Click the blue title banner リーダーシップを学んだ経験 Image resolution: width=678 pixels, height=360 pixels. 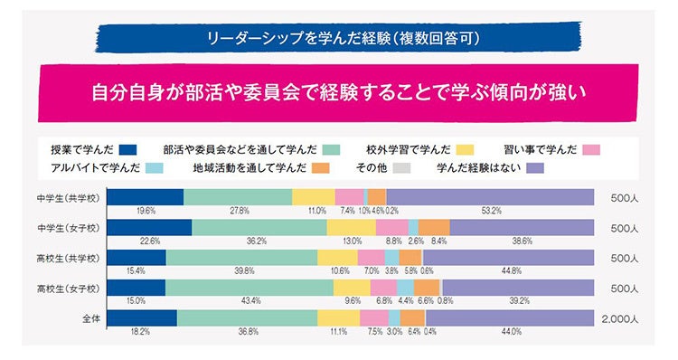click(338, 39)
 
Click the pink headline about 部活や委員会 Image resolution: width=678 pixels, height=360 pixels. click(338, 91)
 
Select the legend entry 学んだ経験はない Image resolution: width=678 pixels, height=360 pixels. click(489, 167)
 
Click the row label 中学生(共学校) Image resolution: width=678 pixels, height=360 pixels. click(71, 198)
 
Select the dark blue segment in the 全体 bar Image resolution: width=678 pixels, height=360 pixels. click(142, 317)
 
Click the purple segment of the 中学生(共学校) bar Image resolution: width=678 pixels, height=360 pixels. click(489, 198)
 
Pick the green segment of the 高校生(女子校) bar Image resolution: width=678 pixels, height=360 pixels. click(249, 288)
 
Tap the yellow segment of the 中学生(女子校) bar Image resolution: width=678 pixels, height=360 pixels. click(351, 228)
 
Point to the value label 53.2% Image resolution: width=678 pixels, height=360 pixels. click(491, 211)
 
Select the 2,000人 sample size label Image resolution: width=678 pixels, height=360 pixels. click(619, 317)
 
